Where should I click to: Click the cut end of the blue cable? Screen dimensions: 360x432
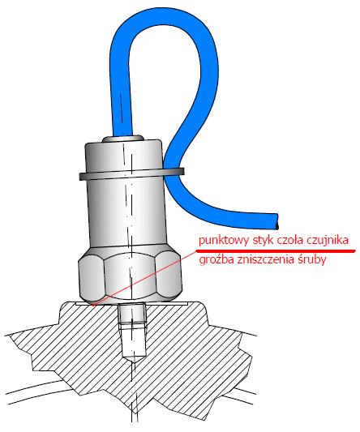[276, 221]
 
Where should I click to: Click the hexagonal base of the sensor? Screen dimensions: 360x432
[131, 275]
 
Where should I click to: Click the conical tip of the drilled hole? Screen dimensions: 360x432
[134, 359]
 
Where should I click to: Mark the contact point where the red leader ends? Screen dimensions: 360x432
[94, 305]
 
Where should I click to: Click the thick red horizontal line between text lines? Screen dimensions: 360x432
[275, 251]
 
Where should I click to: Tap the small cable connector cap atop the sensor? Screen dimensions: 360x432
[122, 139]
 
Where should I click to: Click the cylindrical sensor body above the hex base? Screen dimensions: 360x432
[126, 212]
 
